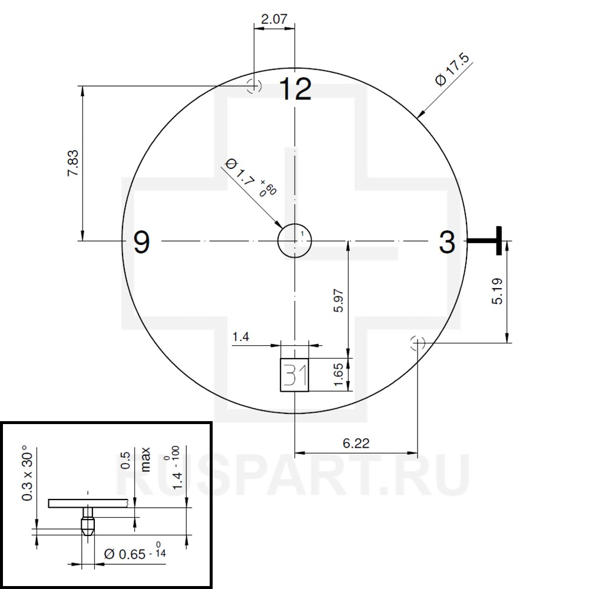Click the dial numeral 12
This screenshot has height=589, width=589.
(x=295, y=89)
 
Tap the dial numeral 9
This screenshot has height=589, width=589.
(x=141, y=242)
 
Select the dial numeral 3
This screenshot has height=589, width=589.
(x=447, y=242)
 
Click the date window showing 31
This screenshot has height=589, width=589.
(x=294, y=375)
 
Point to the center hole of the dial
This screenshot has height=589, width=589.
(x=294, y=241)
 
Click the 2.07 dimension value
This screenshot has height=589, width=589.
(x=274, y=19)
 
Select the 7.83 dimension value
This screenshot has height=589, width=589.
(x=73, y=163)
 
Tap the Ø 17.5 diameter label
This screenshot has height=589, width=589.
(x=452, y=70)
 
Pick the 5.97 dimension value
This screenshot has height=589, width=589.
(x=339, y=300)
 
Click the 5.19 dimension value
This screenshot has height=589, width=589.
(x=497, y=291)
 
